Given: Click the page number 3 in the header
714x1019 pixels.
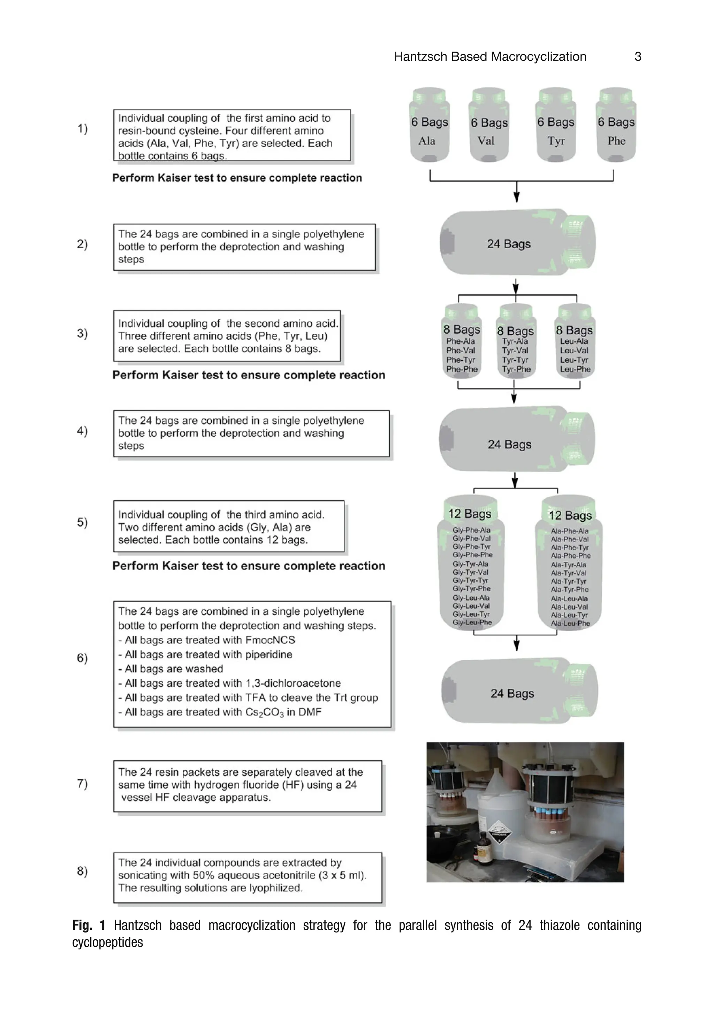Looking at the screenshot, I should [637, 57].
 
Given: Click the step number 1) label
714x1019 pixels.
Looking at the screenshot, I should [83, 129].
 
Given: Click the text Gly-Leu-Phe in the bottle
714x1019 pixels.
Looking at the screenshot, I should [472, 622].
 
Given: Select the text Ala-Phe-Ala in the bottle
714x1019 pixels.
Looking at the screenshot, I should [569, 531].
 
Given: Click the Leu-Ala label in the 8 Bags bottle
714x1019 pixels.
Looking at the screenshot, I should [574, 341].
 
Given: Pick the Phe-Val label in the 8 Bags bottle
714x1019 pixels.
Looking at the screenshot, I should [460, 350].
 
